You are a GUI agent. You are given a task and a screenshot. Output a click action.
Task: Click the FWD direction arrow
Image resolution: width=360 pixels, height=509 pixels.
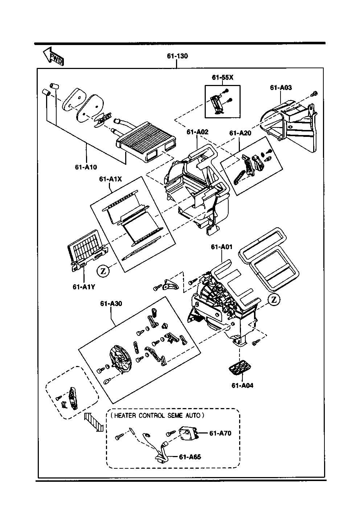[54, 57]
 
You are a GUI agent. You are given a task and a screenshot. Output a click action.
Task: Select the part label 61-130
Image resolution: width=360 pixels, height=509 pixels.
[177, 56]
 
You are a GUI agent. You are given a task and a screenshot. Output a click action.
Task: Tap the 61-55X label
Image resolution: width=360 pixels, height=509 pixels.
[222, 77]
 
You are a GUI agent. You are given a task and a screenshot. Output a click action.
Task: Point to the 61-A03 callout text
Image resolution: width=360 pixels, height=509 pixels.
[281, 87]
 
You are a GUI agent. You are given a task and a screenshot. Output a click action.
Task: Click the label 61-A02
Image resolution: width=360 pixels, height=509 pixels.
[197, 132]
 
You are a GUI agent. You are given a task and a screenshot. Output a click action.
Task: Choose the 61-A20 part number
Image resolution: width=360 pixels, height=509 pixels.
[240, 133]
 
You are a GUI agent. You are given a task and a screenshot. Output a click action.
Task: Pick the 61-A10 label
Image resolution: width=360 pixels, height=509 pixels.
[86, 167]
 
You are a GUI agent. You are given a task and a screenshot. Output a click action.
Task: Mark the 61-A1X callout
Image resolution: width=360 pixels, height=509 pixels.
[110, 179]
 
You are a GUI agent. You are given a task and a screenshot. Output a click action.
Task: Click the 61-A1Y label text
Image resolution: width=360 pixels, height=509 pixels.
[84, 287]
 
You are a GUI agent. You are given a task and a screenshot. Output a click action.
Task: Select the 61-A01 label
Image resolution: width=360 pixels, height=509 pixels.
[222, 247]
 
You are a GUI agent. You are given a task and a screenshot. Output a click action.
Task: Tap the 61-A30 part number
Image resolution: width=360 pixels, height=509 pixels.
[111, 304]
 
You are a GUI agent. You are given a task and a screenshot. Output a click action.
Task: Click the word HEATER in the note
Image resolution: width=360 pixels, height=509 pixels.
[125, 416]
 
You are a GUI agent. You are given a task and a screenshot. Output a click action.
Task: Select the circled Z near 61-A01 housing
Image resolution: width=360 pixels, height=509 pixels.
[274, 300]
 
